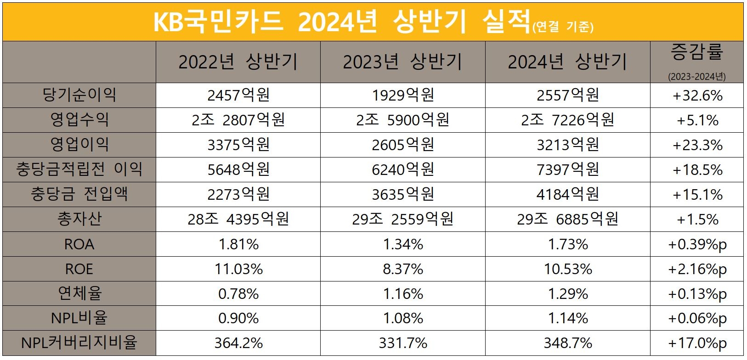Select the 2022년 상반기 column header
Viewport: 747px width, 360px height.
(x=238, y=62)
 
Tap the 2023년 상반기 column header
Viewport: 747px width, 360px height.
(x=402, y=62)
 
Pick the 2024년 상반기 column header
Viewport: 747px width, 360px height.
(x=567, y=62)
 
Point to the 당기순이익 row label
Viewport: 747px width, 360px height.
(x=79, y=95)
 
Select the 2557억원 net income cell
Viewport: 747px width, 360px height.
(x=567, y=96)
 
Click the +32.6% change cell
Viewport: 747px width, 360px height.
(x=697, y=96)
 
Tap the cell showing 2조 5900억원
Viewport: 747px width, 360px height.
(x=402, y=120)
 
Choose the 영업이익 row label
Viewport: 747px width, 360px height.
(x=79, y=145)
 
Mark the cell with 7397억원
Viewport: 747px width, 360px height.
(x=567, y=170)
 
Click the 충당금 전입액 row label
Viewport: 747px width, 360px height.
(x=79, y=194)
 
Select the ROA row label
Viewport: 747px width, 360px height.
(x=79, y=244)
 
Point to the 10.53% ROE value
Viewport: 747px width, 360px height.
(x=567, y=269)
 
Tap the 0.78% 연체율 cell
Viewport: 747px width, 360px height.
(x=238, y=294)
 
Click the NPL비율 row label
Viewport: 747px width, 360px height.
(x=79, y=318)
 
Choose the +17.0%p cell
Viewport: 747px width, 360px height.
(x=697, y=343)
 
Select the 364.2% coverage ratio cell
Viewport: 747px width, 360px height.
(x=238, y=343)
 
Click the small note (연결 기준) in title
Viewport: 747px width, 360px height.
(x=563, y=27)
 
